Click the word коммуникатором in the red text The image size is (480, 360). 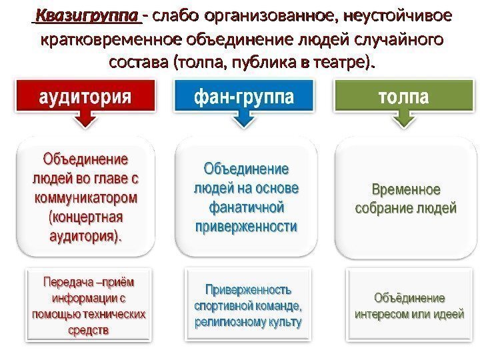coord(86,198)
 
